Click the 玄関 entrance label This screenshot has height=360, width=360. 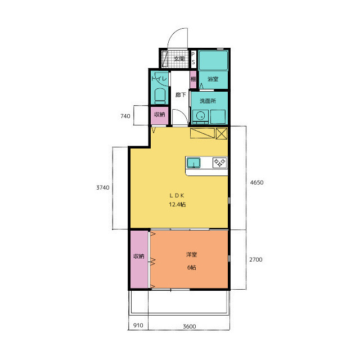coord(179,58)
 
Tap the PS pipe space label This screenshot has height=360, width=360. coord(193,58)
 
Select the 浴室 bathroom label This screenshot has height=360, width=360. coord(213,79)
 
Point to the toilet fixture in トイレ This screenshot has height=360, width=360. coord(160,96)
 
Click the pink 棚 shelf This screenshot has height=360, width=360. coord(193,79)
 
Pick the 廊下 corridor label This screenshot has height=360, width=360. coord(181,94)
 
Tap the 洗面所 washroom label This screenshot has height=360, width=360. coord(208,101)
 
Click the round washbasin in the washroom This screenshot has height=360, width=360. coord(201,116)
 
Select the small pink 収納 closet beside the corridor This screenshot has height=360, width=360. coord(159,115)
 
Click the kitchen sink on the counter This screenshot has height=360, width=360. coord(193,163)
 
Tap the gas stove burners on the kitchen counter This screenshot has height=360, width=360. coord(220,163)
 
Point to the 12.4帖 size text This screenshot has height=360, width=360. coord(177,204)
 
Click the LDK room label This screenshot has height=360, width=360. coord(177,195)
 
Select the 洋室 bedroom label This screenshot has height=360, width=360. coord(191,255)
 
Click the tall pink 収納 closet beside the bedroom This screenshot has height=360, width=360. coord(139,259)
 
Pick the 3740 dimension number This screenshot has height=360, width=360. coord(103,187)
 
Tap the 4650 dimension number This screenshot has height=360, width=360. coord(256,182)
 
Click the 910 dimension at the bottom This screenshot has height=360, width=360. coord(138,325)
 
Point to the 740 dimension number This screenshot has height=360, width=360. coord(125,116)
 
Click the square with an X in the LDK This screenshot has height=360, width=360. coord(222,133)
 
